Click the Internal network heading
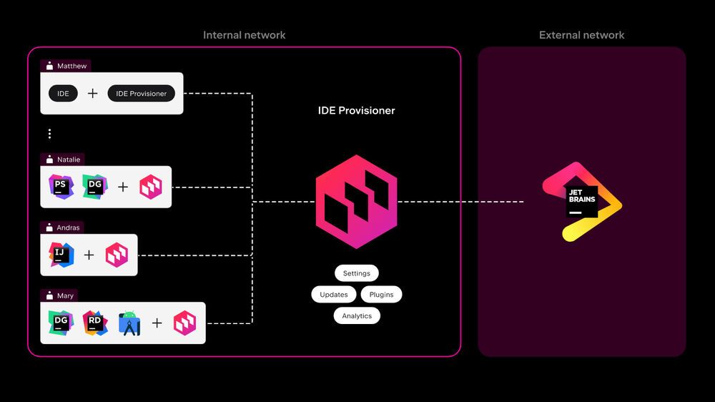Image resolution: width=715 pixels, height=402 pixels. (244, 35)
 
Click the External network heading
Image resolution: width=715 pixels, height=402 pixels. (581, 35)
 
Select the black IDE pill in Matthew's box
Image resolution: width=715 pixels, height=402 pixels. (63, 94)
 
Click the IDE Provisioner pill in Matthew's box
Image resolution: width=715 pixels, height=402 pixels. (141, 94)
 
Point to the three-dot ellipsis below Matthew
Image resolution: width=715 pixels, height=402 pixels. (49, 134)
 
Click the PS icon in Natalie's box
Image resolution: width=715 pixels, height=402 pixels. (60, 187)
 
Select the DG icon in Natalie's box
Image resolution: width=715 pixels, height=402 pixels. (94, 187)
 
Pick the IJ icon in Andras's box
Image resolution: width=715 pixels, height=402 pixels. (61, 255)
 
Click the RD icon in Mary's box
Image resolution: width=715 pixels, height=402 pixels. (94, 323)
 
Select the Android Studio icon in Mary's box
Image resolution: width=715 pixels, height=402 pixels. (129, 323)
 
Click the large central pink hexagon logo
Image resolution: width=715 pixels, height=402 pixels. (356, 201)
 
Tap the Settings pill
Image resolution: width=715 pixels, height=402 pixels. (356, 273)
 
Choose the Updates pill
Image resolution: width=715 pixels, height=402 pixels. (333, 294)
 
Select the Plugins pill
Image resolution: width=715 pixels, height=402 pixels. (381, 294)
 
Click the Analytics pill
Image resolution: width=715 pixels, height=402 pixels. (357, 315)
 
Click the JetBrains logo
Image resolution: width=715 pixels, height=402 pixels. (581, 201)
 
